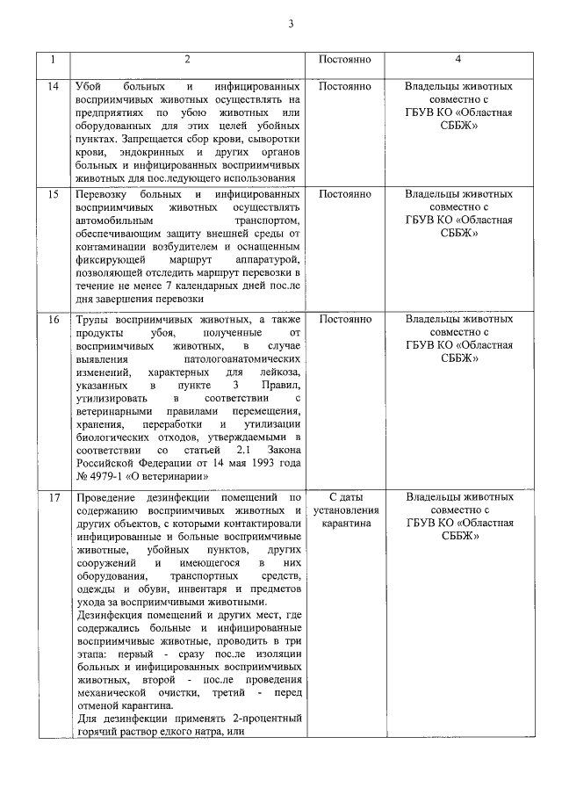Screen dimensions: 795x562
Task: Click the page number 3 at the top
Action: tap(290, 24)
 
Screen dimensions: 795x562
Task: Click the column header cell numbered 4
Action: tap(459, 60)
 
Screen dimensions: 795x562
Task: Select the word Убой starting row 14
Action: tap(90, 87)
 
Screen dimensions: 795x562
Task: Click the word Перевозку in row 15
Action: tap(102, 194)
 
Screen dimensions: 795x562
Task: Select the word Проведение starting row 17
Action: tap(107, 498)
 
